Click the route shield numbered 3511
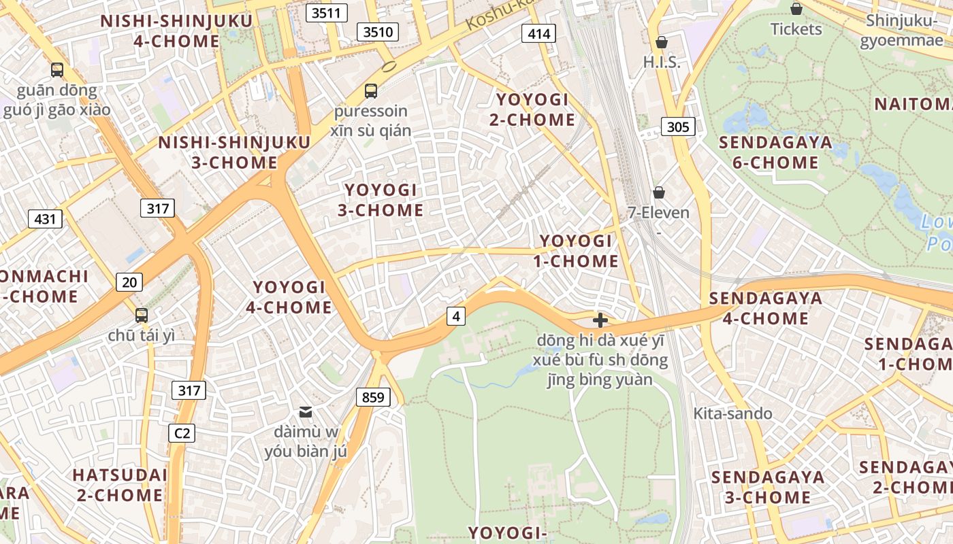pyautogui.click(x=327, y=12)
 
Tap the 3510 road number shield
pyautogui.click(x=378, y=31)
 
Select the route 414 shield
pyautogui.click(x=538, y=33)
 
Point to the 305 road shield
pyautogui.click(x=678, y=126)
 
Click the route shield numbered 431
pyautogui.click(x=45, y=219)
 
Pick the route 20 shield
pyautogui.click(x=129, y=282)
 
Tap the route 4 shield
pyautogui.click(x=456, y=316)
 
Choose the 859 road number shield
pyautogui.click(x=373, y=397)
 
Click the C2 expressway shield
pyautogui.click(x=181, y=432)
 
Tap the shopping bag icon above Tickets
pyautogui.click(x=796, y=9)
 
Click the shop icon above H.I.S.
pyautogui.click(x=661, y=42)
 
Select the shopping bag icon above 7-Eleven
pyautogui.click(x=658, y=192)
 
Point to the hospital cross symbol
pyautogui.click(x=600, y=320)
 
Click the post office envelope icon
pyautogui.click(x=306, y=411)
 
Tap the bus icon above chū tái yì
pyautogui.click(x=142, y=315)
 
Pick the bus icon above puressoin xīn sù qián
pyautogui.click(x=370, y=90)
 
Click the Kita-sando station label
pyautogui.click(x=732, y=413)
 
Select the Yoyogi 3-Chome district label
pyautogui.click(x=381, y=200)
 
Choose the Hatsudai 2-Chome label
pyautogui.click(x=120, y=484)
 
